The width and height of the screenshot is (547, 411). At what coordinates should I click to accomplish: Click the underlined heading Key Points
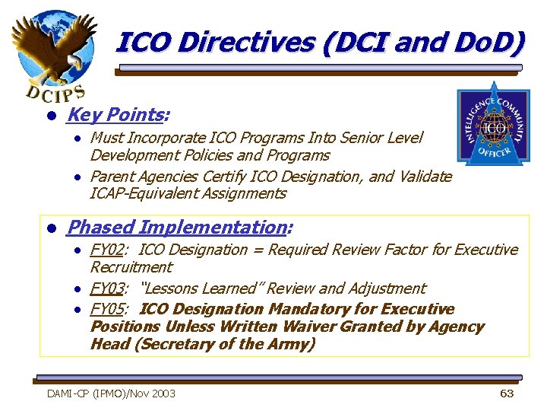coord(115,115)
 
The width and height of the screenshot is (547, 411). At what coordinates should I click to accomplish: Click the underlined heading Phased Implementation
coord(175,227)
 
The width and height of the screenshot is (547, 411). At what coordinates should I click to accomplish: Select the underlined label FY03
coord(107,288)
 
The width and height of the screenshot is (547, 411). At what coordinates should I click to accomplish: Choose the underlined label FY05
coord(107,309)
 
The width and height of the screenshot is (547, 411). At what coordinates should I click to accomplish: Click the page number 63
coord(507,393)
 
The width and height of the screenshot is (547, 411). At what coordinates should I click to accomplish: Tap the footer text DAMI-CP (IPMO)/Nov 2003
coord(111,393)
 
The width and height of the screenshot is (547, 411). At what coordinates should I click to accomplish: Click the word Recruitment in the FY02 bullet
coord(131,267)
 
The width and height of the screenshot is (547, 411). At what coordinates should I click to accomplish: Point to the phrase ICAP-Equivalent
coord(141,193)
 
